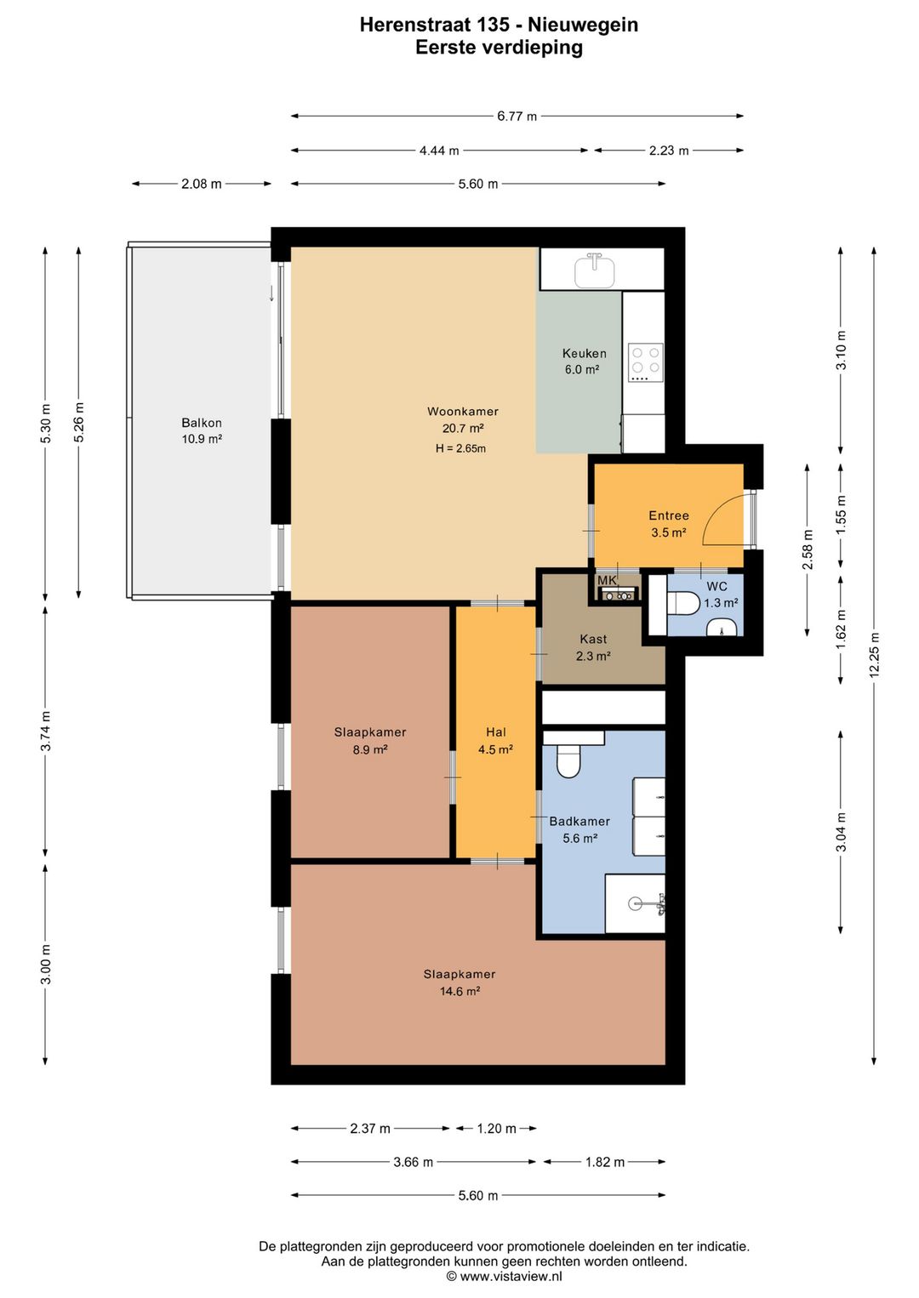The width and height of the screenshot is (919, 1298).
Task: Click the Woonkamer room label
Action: point(462,412)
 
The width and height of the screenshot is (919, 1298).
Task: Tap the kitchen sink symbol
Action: point(594,270)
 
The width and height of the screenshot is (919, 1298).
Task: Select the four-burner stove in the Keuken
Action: point(645,362)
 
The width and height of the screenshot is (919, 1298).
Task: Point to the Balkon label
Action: point(201,423)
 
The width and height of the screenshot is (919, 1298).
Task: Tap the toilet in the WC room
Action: point(683,602)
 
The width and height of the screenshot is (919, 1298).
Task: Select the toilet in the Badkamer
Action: point(568,760)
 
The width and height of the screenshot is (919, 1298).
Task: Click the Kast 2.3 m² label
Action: point(593,647)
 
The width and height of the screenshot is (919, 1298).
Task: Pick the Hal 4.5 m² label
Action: point(495,741)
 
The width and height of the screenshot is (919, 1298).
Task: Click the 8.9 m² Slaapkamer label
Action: point(370,741)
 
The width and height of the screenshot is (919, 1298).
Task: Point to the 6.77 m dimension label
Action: point(517,116)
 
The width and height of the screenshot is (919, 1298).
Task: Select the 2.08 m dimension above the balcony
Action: point(201,184)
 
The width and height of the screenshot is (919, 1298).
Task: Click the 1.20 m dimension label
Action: point(496,1128)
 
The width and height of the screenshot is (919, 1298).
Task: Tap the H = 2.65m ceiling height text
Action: point(460,448)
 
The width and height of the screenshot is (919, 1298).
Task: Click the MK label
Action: point(607,580)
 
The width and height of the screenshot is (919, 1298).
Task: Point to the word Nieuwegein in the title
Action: point(583,25)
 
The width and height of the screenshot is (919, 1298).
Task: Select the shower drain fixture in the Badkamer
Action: point(636,902)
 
